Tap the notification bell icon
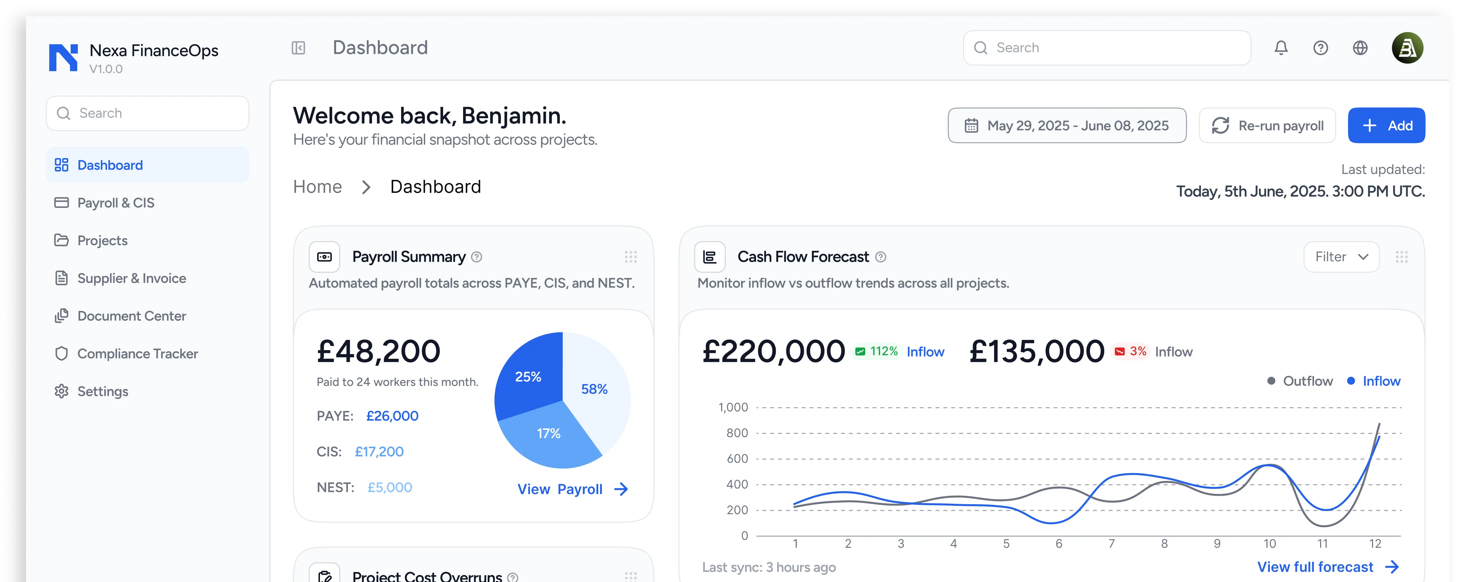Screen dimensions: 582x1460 click(1281, 48)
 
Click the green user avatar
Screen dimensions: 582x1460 click(1407, 48)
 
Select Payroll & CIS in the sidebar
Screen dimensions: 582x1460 click(115, 203)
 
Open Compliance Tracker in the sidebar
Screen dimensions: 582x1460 click(137, 354)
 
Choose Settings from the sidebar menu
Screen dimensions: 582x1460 click(103, 392)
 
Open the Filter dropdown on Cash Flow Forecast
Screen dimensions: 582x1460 click(1341, 257)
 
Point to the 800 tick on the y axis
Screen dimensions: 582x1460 click(737, 433)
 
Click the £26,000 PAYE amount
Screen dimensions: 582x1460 click(392, 416)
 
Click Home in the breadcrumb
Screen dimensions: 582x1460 click(317, 187)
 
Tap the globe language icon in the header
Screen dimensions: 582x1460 click(1360, 48)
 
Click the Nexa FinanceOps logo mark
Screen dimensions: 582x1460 click(63, 57)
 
